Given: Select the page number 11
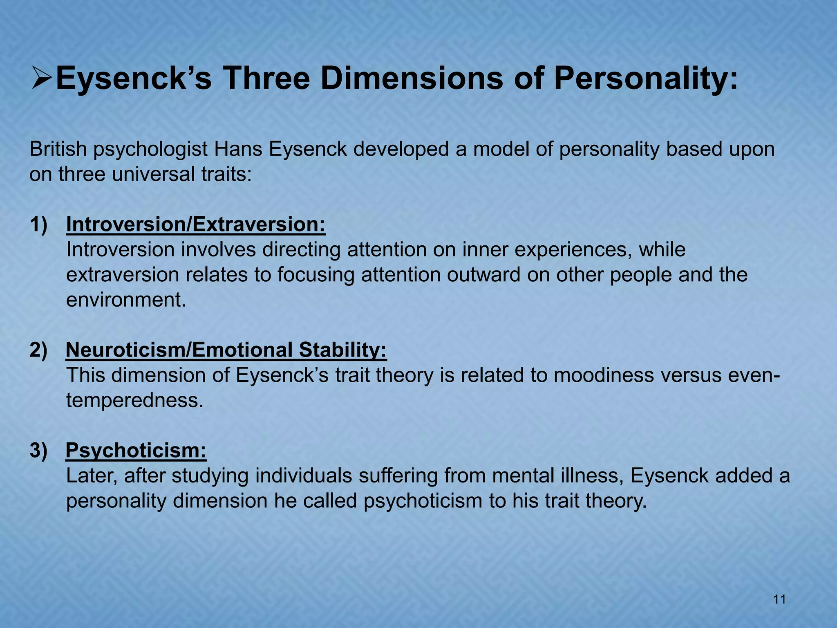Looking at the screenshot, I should (x=779, y=600).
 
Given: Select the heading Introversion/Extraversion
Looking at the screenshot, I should (x=196, y=224).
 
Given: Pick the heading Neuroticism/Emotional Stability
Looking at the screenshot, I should (x=226, y=350).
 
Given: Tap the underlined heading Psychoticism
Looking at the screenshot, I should (x=136, y=451).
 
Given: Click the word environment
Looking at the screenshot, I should (x=126, y=300).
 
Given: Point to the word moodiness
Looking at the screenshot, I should (x=604, y=375).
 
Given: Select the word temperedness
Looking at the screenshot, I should (x=134, y=401).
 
